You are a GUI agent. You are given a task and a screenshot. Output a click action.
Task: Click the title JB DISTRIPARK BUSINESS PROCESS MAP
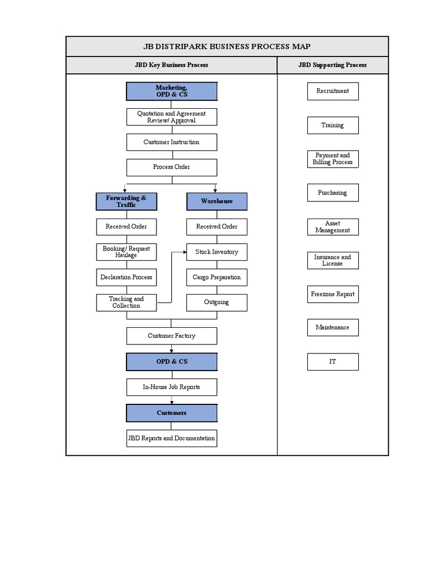pyautogui.click(x=227, y=47)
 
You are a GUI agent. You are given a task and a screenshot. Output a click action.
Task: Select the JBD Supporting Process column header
pyautogui.click(x=332, y=65)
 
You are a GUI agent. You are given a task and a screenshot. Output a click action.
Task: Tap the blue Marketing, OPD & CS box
pyautogui.click(x=171, y=92)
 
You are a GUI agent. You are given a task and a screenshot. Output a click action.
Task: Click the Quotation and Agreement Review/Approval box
pyautogui.click(x=171, y=117)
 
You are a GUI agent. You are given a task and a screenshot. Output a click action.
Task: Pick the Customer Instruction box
pyautogui.click(x=171, y=142)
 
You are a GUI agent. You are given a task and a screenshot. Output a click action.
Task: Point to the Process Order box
pyautogui.click(x=171, y=167)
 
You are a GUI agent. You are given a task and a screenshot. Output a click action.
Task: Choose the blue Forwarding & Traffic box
pyautogui.click(x=126, y=201)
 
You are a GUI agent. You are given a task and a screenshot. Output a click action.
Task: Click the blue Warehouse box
pyautogui.click(x=216, y=201)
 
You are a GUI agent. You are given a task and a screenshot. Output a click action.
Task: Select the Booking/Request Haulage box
pyautogui.click(x=126, y=252)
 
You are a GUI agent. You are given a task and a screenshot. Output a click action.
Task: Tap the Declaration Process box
pyautogui.click(x=126, y=277)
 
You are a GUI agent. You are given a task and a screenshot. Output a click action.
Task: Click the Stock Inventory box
pyautogui.click(x=216, y=252)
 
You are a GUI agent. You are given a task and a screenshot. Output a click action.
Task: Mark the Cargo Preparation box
pyautogui.click(x=216, y=277)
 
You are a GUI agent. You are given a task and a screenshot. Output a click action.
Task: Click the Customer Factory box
pyautogui.click(x=171, y=336)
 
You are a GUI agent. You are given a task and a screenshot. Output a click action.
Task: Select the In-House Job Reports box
pyautogui.click(x=171, y=387)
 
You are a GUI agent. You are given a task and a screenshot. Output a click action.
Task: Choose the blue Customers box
pyautogui.click(x=171, y=413)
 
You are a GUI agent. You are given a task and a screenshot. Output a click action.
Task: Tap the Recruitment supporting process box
pyautogui.click(x=333, y=91)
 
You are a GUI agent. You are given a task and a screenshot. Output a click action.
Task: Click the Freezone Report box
pyautogui.click(x=333, y=294)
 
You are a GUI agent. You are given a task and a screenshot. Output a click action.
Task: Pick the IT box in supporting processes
pyautogui.click(x=333, y=362)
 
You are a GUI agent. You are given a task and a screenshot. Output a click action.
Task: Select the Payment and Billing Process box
pyautogui.click(x=333, y=159)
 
